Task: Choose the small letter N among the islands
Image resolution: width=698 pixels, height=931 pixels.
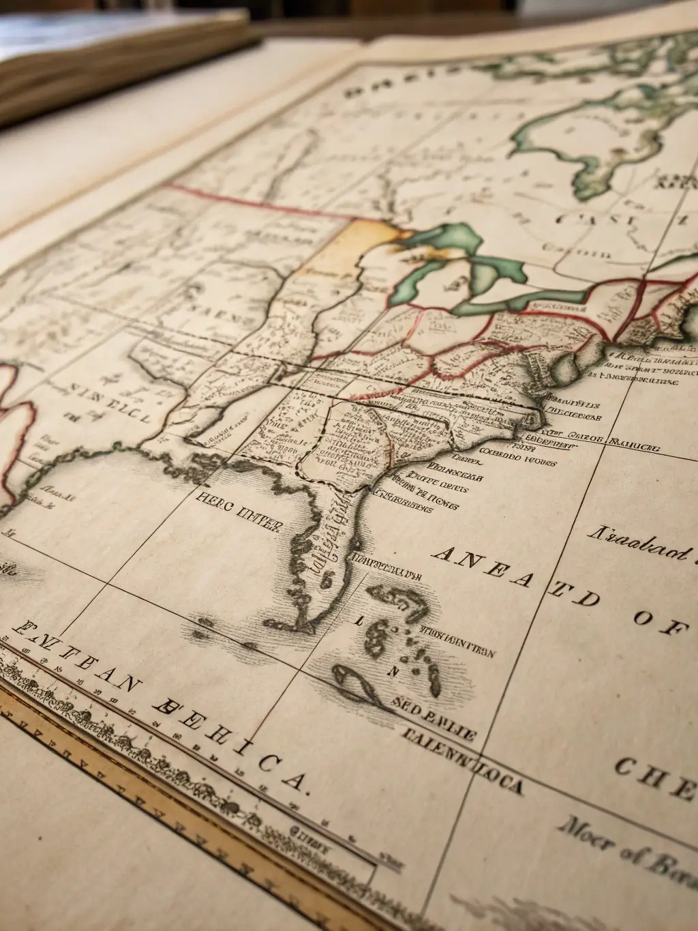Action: pyautogui.click(x=392, y=671)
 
